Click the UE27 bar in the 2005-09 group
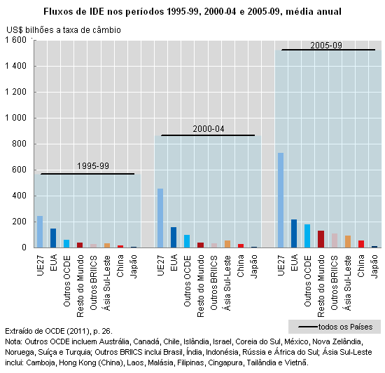click(281, 200)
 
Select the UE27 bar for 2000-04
click(160, 218)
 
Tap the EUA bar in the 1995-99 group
click(53, 238)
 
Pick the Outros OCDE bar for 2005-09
click(307, 236)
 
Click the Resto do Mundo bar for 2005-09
click(321, 239)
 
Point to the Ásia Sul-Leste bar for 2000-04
click(227, 244)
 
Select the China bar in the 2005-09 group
click(361, 244)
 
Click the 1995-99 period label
click(93, 166)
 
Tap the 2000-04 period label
click(209, 129)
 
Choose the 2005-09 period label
click(326, 46)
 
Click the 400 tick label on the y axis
click(19, 196)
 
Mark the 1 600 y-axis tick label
click(15, 40)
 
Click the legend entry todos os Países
click(335, 327)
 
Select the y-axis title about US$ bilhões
click(64, 30)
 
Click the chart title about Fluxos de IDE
click(192, 11)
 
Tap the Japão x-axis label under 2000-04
click(254, 266)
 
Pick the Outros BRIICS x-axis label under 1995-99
click(93, 283)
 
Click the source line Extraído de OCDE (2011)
click(59, 331)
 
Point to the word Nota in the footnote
click(13, 341)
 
